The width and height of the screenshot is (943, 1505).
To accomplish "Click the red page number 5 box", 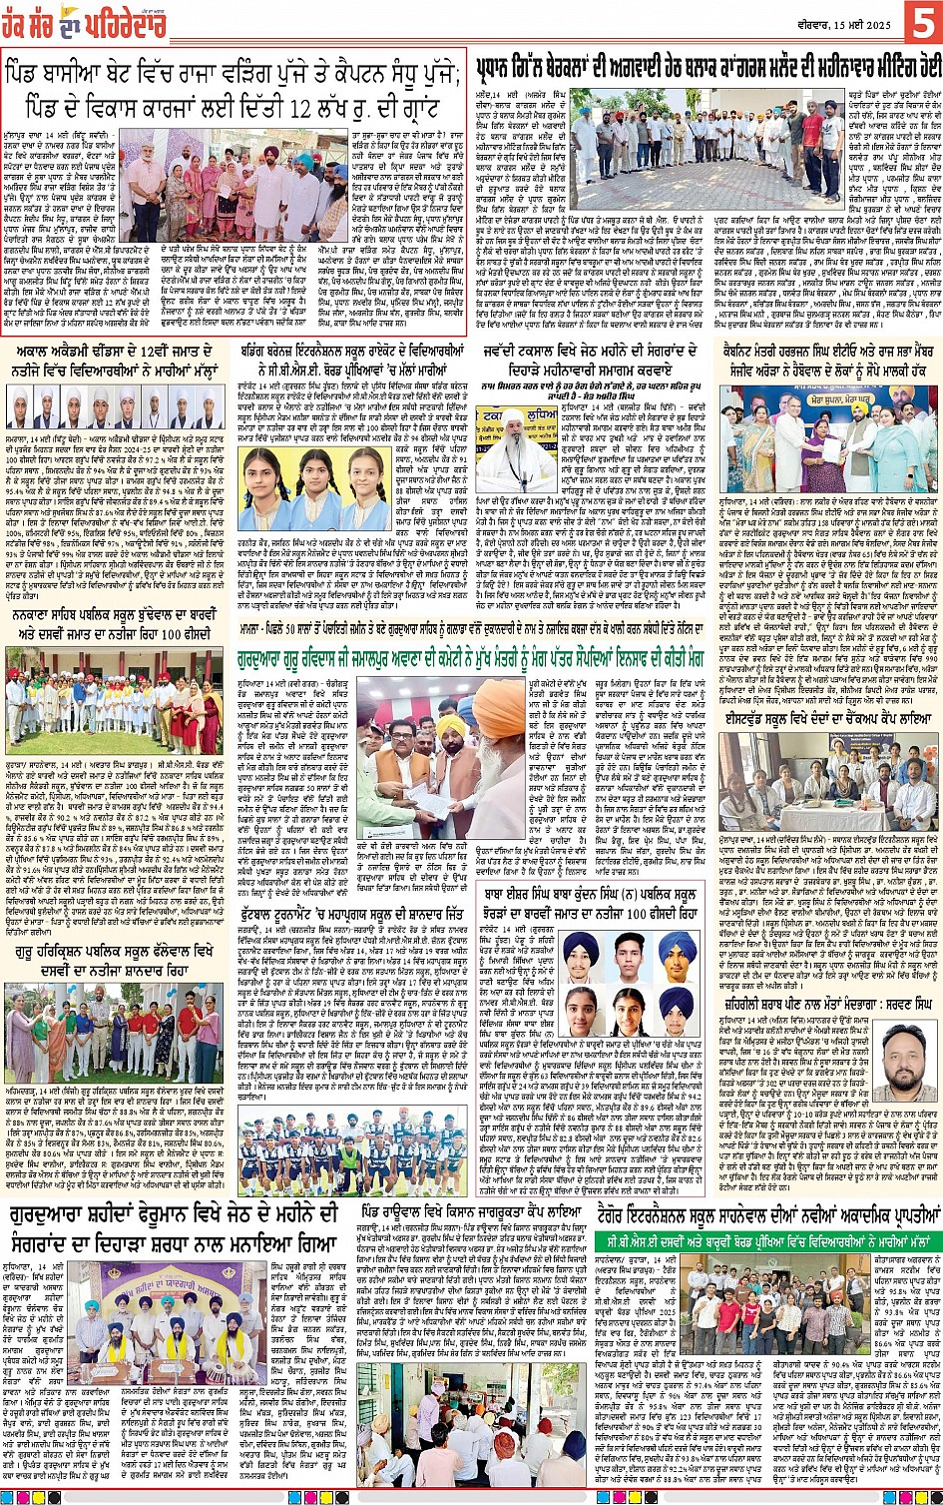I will click(x=921, y=21).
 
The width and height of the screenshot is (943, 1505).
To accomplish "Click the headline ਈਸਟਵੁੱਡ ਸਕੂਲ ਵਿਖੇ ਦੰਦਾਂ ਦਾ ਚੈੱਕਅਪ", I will click(x=830, y=718).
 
